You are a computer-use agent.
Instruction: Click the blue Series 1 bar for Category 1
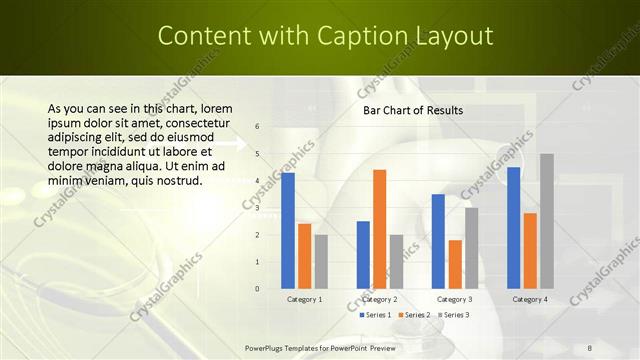(x=288, y=231)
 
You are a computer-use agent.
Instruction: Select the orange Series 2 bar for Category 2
(x=379, y=229)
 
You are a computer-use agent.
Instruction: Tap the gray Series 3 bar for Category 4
(x=546, y=221)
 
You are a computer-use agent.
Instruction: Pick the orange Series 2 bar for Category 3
(x=455, y=264)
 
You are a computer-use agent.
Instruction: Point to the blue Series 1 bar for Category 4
(x=514, y=228)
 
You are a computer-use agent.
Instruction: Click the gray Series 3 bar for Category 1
(x=321, y=262)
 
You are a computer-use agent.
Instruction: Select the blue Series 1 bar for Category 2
(x=363, y=255)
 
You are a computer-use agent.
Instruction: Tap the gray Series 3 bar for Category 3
(x=471, y=248)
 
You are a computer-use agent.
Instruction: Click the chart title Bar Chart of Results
(x=412, y=110)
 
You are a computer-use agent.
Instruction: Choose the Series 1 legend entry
(x=374, y=315)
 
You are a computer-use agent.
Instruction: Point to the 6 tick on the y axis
(x=257, y=127)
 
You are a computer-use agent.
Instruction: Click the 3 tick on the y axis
(x=257, y=208)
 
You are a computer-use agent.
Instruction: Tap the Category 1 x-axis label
(x=304, y=299)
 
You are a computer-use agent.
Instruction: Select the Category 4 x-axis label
(x=530, y=299)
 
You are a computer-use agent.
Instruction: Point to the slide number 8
(x=590, y=348)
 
